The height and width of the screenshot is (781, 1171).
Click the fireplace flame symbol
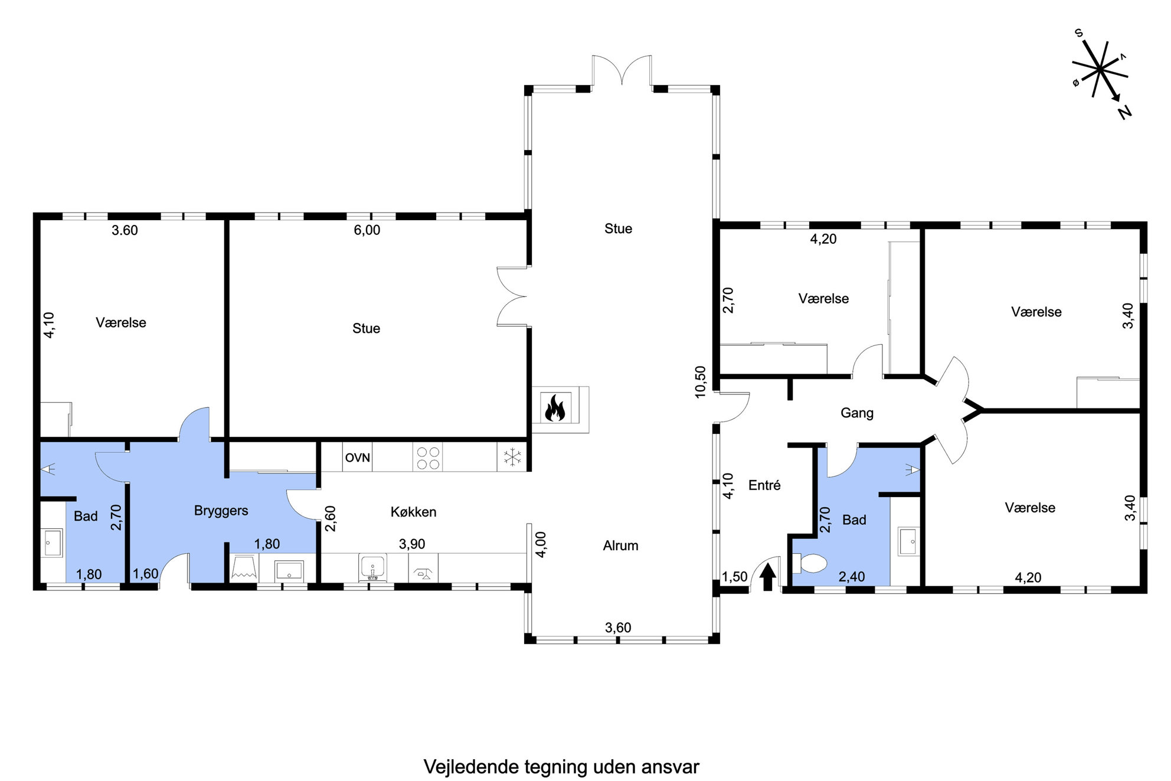[555, 407]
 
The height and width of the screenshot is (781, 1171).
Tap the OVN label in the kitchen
[358, 458]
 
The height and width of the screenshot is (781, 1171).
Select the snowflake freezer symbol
[512, 457]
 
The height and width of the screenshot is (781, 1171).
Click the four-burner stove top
[428, 458]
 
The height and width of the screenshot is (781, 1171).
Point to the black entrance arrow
[767, 577]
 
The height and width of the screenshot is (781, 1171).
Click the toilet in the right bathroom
[809, 563]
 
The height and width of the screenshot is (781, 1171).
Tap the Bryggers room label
[221, 511]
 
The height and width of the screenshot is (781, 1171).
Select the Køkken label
[414, 512]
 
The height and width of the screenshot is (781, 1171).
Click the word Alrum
[620, 545]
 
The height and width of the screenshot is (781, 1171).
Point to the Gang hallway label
[857, 413]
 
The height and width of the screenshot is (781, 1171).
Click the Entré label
[764, 485]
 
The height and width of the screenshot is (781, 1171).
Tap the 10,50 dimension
[701, 382]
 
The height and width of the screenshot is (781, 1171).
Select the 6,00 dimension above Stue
[367, 230]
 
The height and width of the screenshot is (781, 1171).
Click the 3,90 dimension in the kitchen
[412, 544]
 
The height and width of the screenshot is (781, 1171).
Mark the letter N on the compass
[1126, 112]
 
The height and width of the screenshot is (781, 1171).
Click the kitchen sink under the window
[372, 567]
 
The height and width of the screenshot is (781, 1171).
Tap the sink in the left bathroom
[53, 543]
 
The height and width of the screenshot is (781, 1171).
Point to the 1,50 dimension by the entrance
[734, 576]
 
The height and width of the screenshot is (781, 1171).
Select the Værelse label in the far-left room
[121, 322]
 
